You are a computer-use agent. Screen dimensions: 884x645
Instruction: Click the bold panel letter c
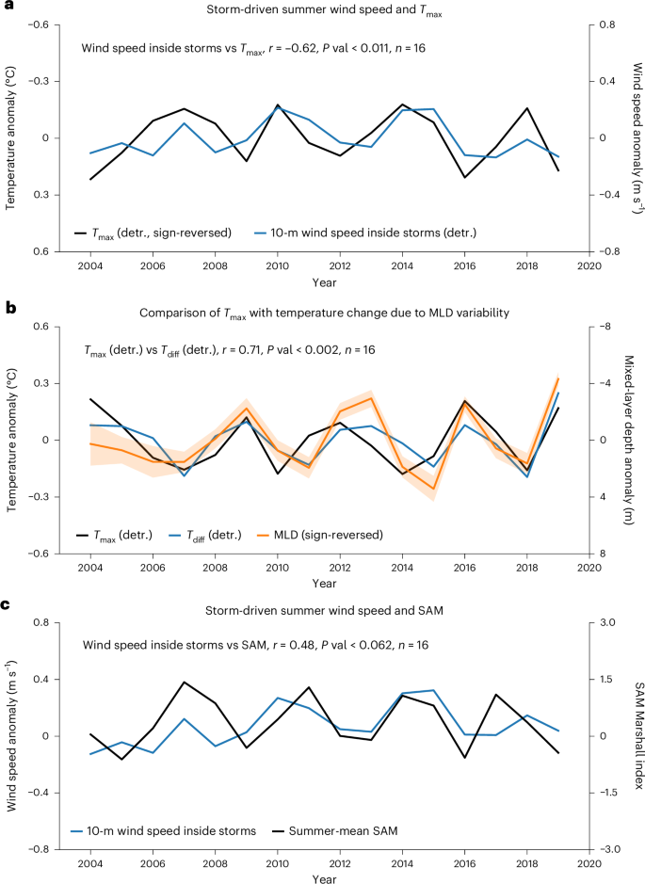click(x=6, y=601)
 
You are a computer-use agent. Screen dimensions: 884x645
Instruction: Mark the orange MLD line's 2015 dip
click(x=433, y=489)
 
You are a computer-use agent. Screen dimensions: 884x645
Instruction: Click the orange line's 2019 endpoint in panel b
click(x=558, y=378)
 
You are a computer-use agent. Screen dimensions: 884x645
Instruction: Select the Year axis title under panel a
click(x=323, y=281)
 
